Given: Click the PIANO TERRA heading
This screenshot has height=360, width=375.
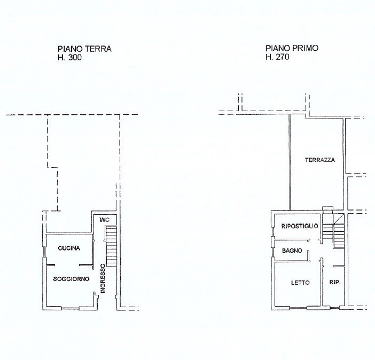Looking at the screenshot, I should tap(84, 49).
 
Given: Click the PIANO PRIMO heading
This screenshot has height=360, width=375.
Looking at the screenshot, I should tap(292, 48).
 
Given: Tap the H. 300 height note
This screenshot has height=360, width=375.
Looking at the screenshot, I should tap(69, 58).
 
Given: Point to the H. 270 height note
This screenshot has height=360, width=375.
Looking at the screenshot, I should tap(277, 57).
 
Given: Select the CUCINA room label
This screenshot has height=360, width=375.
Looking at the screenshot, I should tap(69, 248).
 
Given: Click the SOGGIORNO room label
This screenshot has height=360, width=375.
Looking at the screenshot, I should tap(71, 279).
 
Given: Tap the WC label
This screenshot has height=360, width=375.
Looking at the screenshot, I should tap(105, 219).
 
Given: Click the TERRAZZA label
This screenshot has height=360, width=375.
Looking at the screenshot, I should tap(320, 160).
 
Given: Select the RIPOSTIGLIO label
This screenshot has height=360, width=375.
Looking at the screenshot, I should tap(300, 226).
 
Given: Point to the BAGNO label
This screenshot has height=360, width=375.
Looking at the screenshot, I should tap(292, 251).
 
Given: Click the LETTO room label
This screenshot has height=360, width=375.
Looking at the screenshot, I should tap(300, 283).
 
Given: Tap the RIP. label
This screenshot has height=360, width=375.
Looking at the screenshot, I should tap(335, 283).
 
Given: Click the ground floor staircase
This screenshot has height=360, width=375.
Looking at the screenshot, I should tap(111, 246).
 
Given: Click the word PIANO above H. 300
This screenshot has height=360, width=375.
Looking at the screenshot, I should tap(69, 49).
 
